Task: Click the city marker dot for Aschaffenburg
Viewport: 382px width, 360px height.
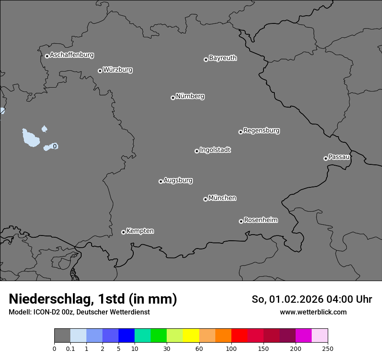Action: point(47,56)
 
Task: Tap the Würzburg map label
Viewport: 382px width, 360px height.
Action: point(118,70)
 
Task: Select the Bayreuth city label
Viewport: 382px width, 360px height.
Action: point(223,58)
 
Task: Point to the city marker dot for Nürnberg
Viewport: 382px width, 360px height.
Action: point(173,98)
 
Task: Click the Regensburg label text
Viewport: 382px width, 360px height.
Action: point(261,131)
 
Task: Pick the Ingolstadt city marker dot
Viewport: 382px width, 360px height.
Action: point(197,151)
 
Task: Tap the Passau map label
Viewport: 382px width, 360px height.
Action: point(339,157)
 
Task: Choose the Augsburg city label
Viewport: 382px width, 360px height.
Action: point(178,180)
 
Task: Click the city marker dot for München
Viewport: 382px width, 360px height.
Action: point(205,199)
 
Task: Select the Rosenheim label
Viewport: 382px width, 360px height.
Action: point(260,220)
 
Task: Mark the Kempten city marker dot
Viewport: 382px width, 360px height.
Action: point(123,232)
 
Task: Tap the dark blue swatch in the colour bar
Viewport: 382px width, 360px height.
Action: point(126,336)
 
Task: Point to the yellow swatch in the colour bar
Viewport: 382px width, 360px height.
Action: point(191,336)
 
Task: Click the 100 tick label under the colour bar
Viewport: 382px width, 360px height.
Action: point(231,348)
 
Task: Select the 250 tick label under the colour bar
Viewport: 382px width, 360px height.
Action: point(328,348)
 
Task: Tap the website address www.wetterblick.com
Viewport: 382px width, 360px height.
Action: point(313,312)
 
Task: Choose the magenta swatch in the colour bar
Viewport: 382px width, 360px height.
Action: point(303,336)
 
